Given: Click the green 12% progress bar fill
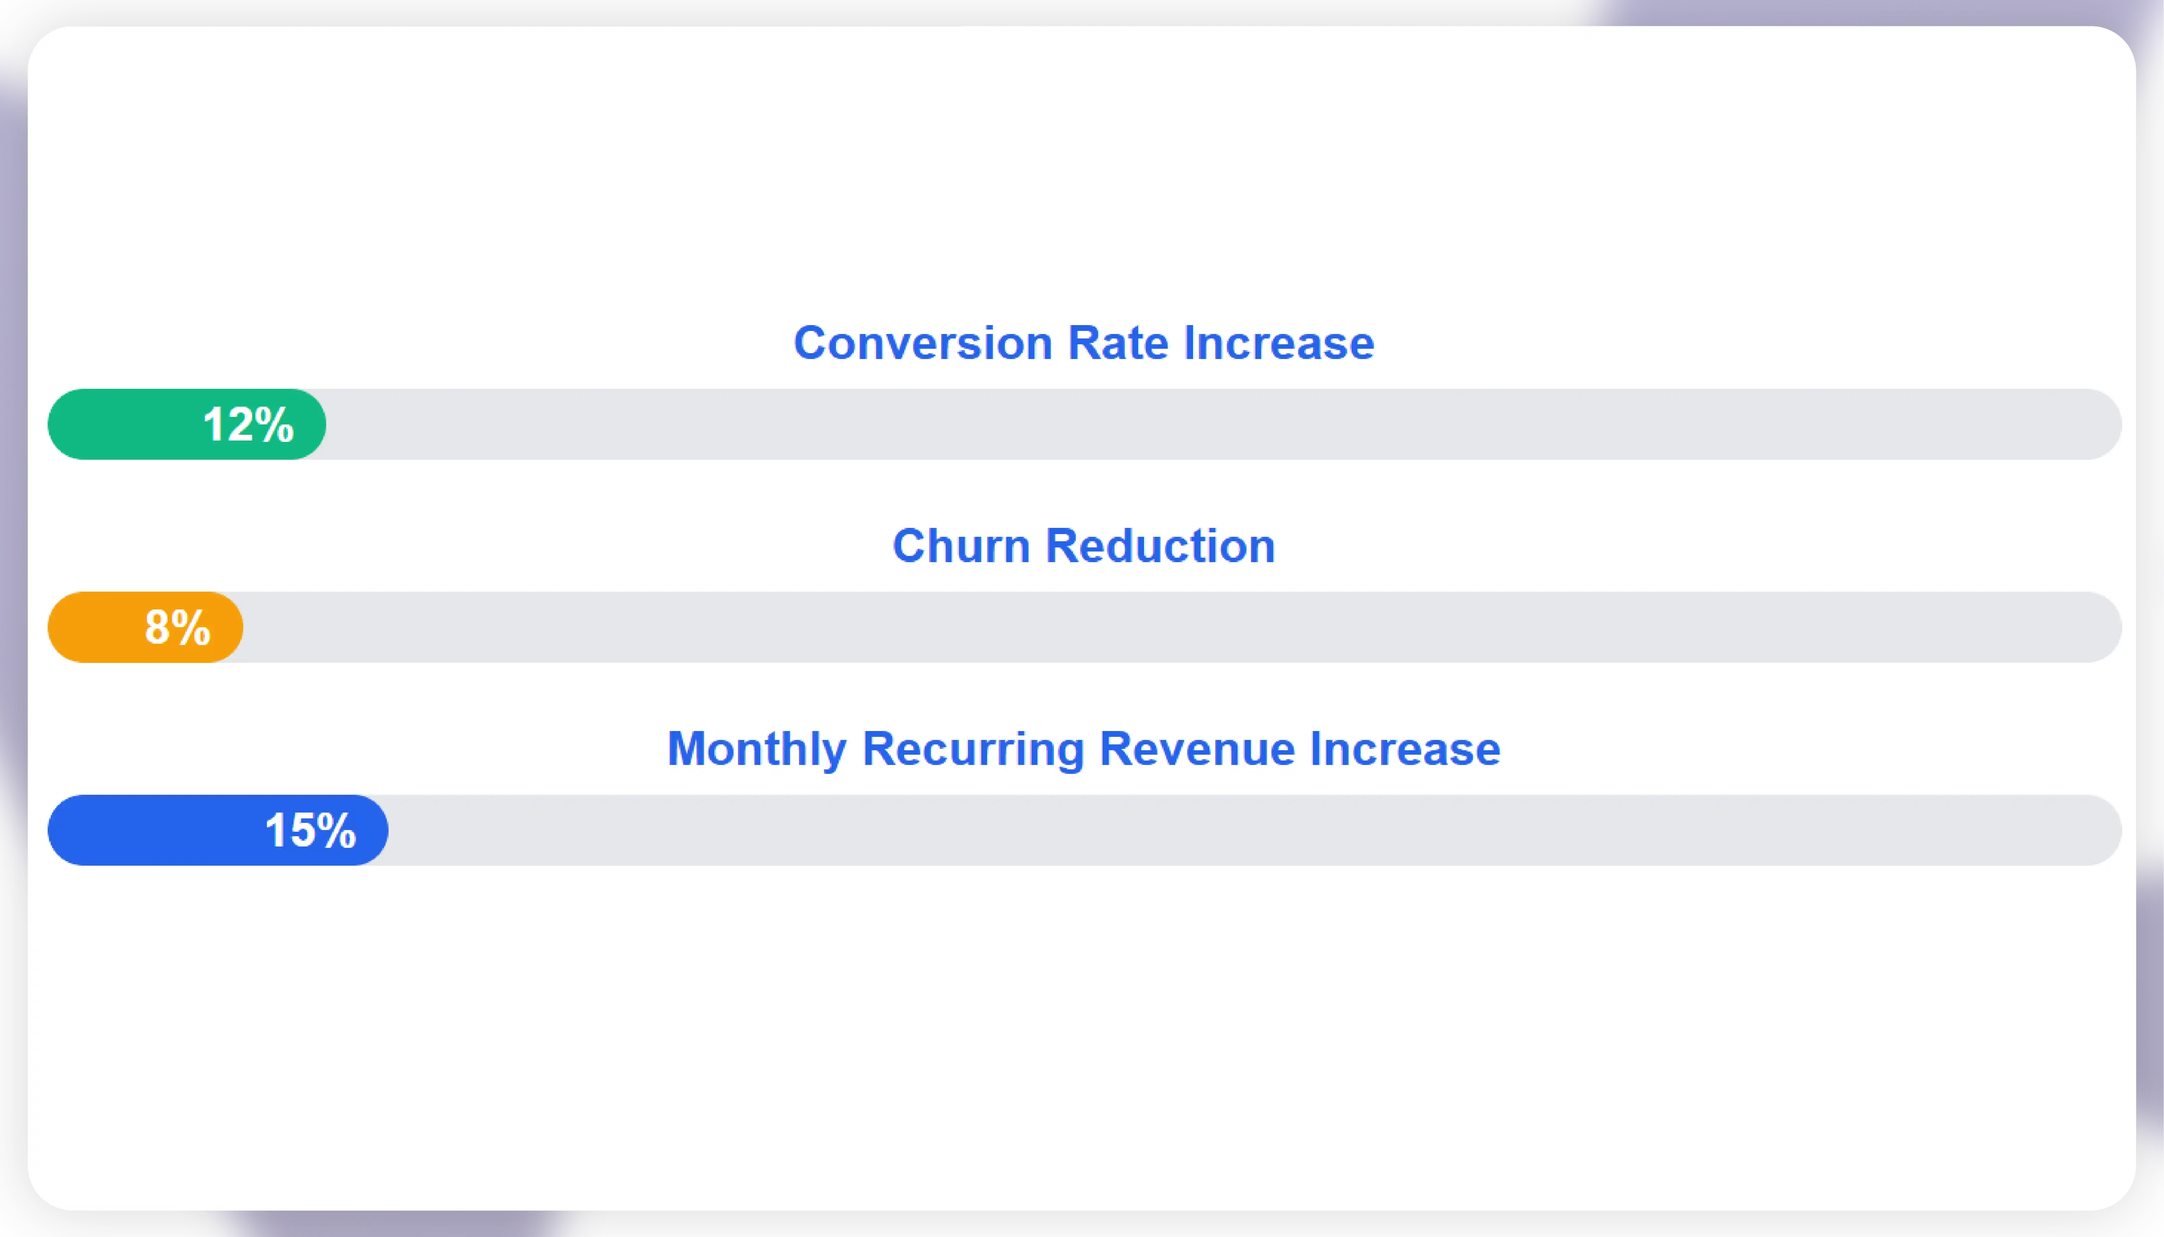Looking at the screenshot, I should pyautogui.click(x=127, y=424).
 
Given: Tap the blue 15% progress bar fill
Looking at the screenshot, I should pyautogui.click(x=153, y=830).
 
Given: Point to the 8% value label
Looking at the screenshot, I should pyautogui.click(x=177, y=627).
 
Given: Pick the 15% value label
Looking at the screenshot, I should pyautogui.click(x=310, y=830).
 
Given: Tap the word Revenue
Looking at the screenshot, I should pyautogui.click(x=1197, y=749).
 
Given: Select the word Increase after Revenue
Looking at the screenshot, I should pyautogui.click(x=1405, y=749).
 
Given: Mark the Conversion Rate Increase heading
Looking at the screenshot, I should pyautogui.click(x=1083, y=343).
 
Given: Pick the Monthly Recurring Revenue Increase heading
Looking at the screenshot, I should pyautogui.click(x=1083, y=749).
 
